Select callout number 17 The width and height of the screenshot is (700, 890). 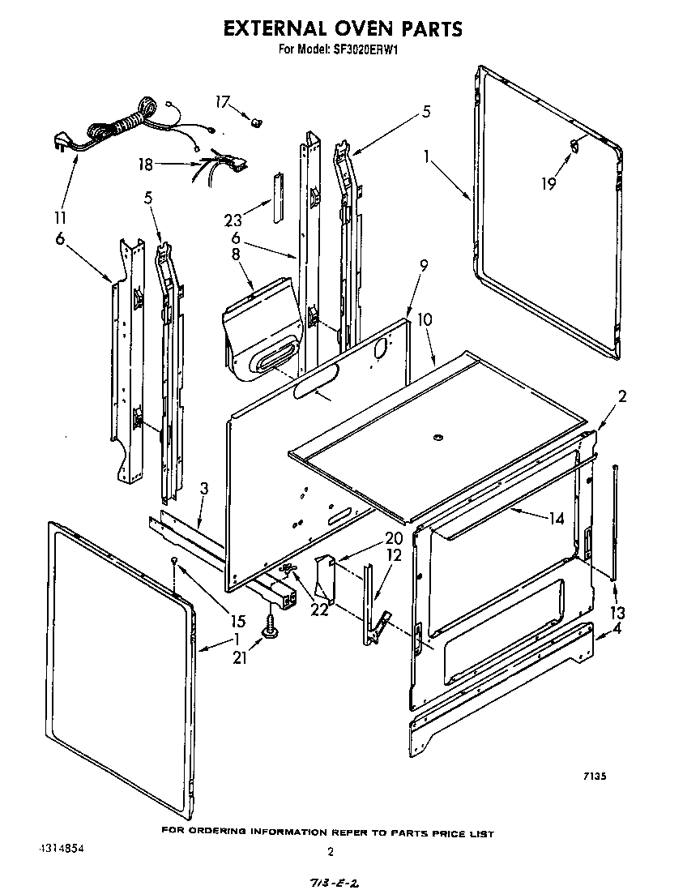coord(222,101)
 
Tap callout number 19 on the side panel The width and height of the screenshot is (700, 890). coord(548,184)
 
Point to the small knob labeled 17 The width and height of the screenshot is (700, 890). coord(258,122)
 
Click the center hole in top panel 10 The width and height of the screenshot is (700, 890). coord(437,439)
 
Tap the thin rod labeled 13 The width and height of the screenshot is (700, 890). coord(617,519)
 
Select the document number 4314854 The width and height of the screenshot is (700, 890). coord(61,849)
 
